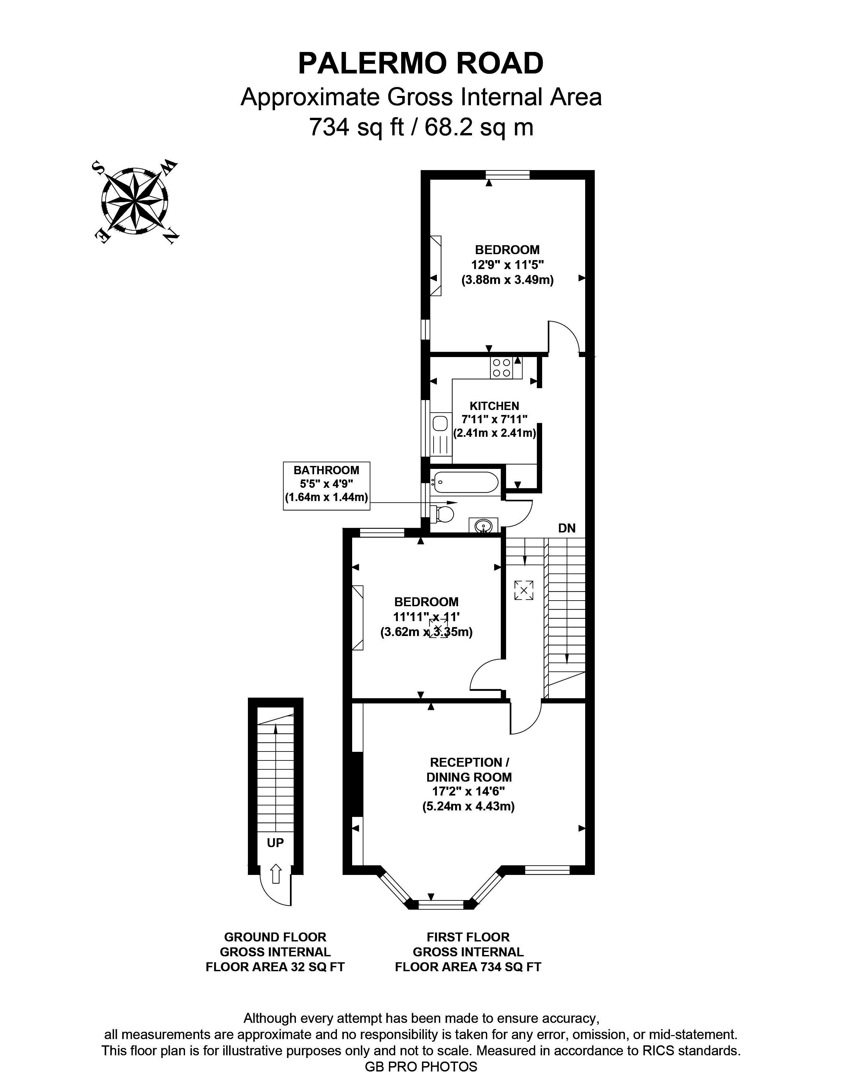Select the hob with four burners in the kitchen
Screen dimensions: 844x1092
501,368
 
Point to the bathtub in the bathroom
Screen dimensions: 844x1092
465,482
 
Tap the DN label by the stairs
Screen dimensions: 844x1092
567,528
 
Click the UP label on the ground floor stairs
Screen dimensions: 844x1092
275,842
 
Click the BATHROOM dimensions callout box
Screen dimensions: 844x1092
326,485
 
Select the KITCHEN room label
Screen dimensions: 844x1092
494,406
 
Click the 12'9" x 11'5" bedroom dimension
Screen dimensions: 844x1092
507,264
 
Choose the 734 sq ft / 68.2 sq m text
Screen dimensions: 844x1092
421,127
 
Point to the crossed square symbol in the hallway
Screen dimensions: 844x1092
524,590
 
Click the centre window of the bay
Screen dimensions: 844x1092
441,904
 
